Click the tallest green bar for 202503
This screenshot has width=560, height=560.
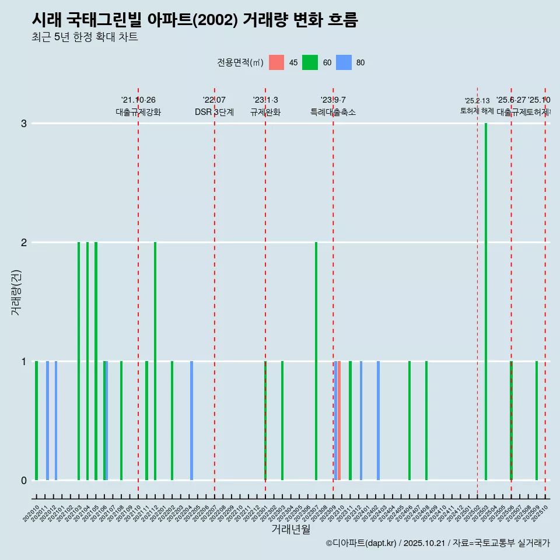click(486, 302)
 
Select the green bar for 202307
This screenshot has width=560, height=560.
click(316, 361)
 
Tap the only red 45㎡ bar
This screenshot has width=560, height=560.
click(339, 421)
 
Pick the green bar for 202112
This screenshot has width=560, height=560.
click(155, 361)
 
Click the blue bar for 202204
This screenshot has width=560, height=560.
click(191, 421)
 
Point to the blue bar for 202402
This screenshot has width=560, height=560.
click(378, 421)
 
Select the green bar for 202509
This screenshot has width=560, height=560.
click(537, 421)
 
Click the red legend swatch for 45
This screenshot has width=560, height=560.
click(276, 62)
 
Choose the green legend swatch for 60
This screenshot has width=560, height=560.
click(310, 62)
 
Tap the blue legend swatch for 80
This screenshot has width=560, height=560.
click(344, 62)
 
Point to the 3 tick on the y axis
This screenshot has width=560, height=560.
click(24, 124)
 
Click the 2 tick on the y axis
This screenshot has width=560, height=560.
click(24, 243)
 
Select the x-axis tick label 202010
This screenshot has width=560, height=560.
click(32, 513)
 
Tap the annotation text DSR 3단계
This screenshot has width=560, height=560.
click(214, 113)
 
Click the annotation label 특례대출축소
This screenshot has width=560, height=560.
click(333, 113)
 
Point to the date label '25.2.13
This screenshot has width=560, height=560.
click(477, 101)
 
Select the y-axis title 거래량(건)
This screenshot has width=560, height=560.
click(16, 292)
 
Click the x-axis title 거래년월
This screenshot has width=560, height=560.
click(290, 530)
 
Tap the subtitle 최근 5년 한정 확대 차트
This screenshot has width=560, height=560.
click(85, 37)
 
